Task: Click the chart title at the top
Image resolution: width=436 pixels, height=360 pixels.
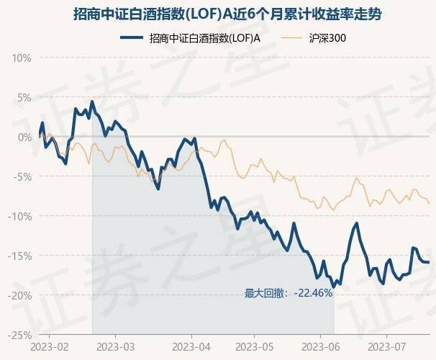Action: click(x=218, y=14)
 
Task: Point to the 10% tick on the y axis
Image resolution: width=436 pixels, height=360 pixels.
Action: click(x=20, y=58)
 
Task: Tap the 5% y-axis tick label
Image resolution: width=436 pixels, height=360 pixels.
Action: click(x=22, y=97)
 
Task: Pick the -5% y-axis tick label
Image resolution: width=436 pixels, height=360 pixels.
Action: click(x=21, y=176)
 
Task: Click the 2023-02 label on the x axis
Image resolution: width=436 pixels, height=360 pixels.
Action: click(x=50, y=346)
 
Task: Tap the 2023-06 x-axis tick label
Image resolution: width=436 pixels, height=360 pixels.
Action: click(x=321, y=346)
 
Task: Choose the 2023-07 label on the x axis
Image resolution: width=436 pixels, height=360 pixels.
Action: click(x=386, y=346)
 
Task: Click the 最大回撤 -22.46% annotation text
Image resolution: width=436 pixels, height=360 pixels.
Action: click(x=288, y=293)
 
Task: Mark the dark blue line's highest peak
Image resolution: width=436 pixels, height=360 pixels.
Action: click(x=92, y=102)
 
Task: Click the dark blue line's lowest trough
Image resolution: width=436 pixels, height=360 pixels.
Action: click(x=334, y=287)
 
